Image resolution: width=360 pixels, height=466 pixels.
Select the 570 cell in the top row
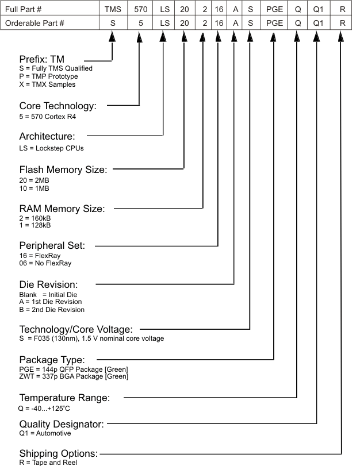(x=140, y=9)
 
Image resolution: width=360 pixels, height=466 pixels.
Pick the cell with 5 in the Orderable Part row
(x=140, y=23)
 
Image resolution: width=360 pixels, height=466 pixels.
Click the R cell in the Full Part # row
(x=343, y=9)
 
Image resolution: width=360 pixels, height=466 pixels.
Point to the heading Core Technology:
(x=58, y=106)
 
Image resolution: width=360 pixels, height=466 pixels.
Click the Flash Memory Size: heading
(x=63, y=170)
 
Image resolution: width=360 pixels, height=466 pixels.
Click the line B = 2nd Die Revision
(x=52, y=310)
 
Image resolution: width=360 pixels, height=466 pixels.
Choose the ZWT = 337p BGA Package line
(x=74, y=376)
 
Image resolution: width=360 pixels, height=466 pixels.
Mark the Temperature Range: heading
(x=64, y=398)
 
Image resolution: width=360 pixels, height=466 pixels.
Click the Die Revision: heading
(x=56, y=284)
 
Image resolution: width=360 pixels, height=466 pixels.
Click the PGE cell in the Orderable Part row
(x=275, y=23)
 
